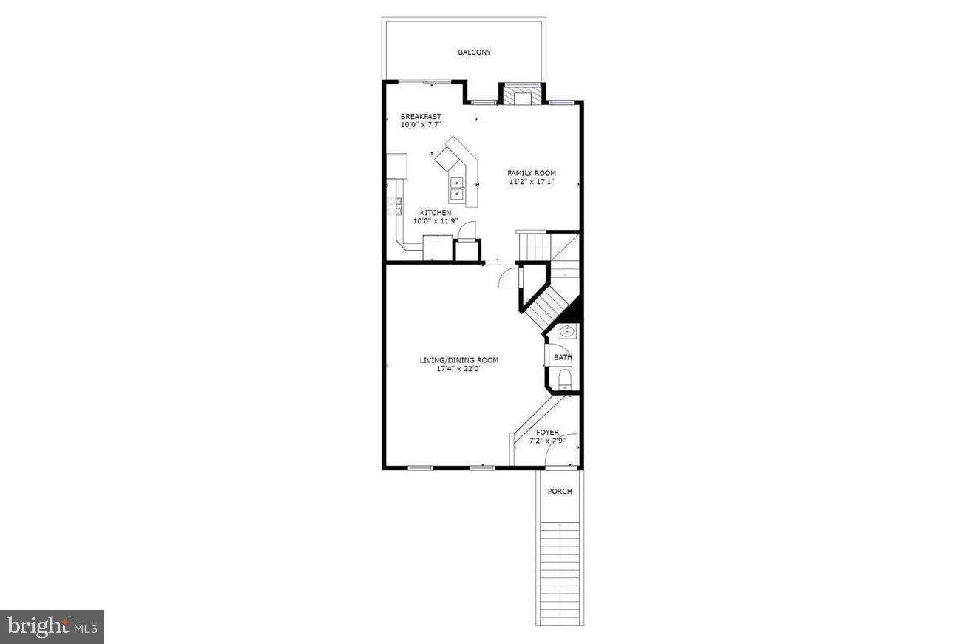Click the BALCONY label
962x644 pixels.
pyautogui.click(x=474, y=52)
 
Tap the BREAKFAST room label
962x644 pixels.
pyautogui.click(x=421, y=116)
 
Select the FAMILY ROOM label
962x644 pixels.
pyautogui.click(x=532, y=173)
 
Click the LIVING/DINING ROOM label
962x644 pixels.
pyautogui.click(x=459, y=360)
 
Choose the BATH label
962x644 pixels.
pyautogui.click(x=563, y=358)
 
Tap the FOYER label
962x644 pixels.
pyautogui.click(x=547, y=433)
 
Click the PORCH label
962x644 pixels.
pyautogui.click(x=560, y=492)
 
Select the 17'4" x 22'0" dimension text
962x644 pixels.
pyautogui.click(x=459, y=369)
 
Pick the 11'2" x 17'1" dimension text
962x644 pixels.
pyautogui.click(x=532, y=182)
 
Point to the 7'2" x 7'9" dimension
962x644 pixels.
pyautogui.click(x=547, y=441)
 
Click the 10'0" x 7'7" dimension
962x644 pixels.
pyautogui.click(x=421, y=125)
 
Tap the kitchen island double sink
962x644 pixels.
pyautogui.click(x=457, y=189)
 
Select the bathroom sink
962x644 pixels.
pyautogui.click(x=567, y=332)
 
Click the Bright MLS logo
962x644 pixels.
pyautogui.click(x=52, y=627)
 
